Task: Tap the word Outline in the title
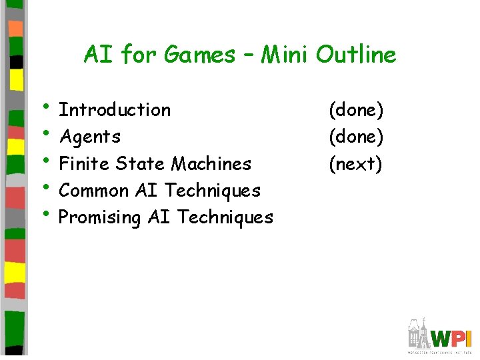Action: [x=356, y=55]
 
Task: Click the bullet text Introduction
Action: [x=115, y=109]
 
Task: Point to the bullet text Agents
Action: [x=90, y=137]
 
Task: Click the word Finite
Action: [x=85, y=163]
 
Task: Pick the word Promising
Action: [x=100, y=218]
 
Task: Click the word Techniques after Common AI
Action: [x=213, y=191]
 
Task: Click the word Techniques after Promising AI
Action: [x=226, y=217]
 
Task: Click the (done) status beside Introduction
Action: [x=356, y=109]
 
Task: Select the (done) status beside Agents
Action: [x=356, y=137]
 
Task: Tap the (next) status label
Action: [x=355, y=164]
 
